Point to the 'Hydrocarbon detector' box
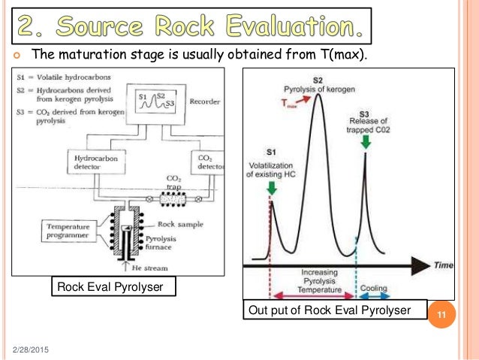point(98,163)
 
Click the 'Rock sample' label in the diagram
point(179,223)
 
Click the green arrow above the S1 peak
point(271,187)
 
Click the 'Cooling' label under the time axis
point(374,288)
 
